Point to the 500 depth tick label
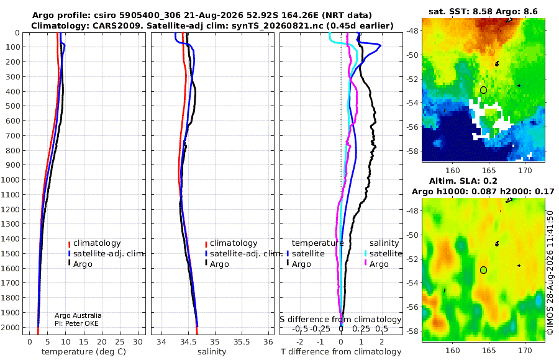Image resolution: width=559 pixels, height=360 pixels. click(x=12, y=106)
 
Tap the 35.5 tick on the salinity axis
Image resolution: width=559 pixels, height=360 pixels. click(x=242, y=342)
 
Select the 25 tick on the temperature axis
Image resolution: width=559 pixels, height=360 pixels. click(x=120, y=342)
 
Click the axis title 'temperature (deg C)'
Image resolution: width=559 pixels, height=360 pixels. click(x=84, y=352)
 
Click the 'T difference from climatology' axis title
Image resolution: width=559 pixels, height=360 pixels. click(x=341, y=352)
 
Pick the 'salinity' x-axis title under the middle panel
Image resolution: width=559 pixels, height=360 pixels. click(x=212, y=352)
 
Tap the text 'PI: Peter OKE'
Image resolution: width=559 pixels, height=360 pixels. click(x=76, y=323)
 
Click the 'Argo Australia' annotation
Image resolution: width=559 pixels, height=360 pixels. click(x=78, y=315)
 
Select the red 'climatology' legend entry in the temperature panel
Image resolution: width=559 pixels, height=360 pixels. click(x=94, y=243)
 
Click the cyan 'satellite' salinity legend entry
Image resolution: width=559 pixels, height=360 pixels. click(x=383, y=254)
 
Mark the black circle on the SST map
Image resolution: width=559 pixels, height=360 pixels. click(x=483, y=90)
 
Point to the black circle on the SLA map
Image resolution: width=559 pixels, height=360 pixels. click(x=483, y=270)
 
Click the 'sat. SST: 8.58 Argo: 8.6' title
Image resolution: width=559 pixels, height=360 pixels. click(x=483, y=11)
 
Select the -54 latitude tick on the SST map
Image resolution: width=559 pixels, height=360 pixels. click(x=412, y=103)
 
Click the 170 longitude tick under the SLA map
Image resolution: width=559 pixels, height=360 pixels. click(x=525, y=350)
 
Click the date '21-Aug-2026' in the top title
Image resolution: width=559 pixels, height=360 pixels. click(x=221, y=16)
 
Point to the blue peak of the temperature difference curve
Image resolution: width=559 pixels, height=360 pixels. click(x=381, y=45)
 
